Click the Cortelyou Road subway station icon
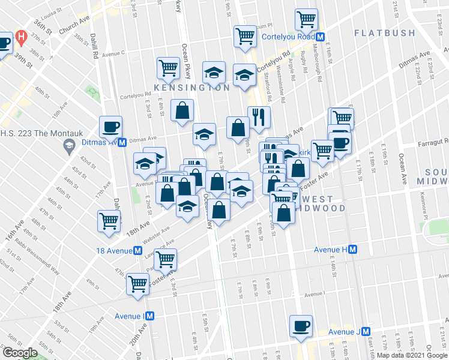click(321, 37)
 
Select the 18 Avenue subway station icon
click(138, 250)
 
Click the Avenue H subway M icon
click(354, 249)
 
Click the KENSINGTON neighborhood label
click(191, 88)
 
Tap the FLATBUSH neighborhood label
click(384, 32)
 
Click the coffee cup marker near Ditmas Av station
click(111, 127)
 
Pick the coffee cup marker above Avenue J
click(301, 326)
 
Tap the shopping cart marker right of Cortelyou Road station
click(306, 20)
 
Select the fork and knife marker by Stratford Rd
click(259, 116)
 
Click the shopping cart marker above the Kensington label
click(168, 68)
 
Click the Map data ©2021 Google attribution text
click(411, 355)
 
